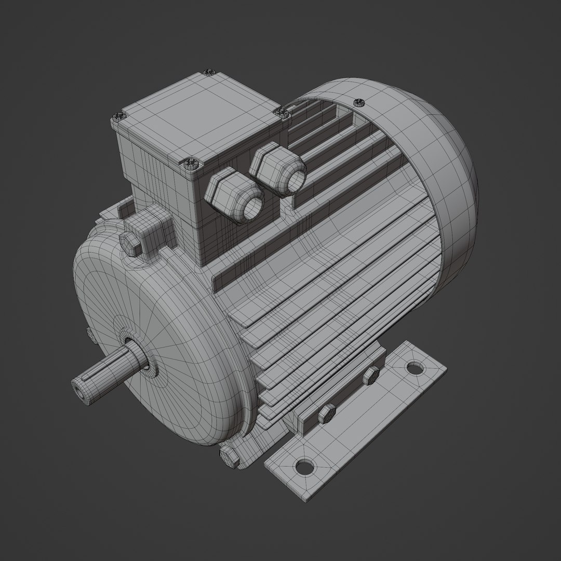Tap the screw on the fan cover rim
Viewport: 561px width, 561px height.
(358, 101)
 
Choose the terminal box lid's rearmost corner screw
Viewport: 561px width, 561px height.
(209, 71)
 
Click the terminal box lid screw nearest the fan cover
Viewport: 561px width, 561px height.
(280, 112)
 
